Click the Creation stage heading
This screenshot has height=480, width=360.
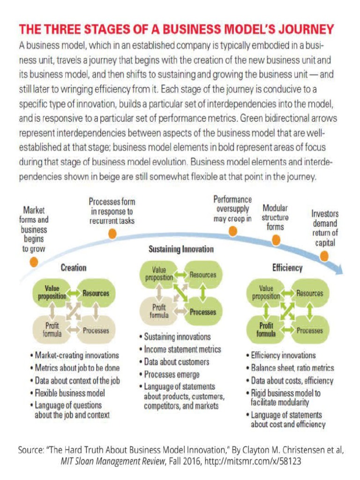click(x=74, y=268)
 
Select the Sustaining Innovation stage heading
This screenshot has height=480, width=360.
click(x=181, y=249)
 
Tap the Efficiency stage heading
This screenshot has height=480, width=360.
click(x=287, y=268)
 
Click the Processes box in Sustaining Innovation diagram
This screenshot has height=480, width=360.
click(x=203, y=312)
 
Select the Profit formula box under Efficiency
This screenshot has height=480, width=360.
click(x=266, y=330)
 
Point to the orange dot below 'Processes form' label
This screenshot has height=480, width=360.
click(x=112, y=234)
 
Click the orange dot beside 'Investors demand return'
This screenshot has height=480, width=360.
click(x=324, y=256)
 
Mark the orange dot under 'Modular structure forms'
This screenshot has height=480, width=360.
click(x=276, y=240)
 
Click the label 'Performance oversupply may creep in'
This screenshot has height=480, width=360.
click(x=232, y=209)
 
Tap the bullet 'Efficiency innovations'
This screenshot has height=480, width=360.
click(x=283, y=355)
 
